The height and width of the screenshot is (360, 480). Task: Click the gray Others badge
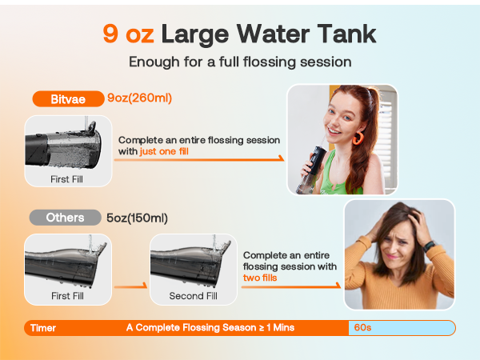(65, 218)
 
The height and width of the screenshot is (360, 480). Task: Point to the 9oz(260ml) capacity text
(140, 100)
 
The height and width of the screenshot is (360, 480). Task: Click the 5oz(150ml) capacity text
(137, 218)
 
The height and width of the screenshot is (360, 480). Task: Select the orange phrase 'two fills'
(260, 278)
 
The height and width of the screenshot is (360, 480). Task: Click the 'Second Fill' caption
(192, 296)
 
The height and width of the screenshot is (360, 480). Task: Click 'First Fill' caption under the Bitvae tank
(66, 179)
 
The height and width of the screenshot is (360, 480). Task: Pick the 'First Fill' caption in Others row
(66, 296)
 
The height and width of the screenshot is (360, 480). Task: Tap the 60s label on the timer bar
(364, 327)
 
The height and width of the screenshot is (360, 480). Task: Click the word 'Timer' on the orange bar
(43, 327)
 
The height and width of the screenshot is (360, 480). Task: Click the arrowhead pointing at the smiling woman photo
(281, 158)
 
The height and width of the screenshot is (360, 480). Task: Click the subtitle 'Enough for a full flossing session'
(239, 62)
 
